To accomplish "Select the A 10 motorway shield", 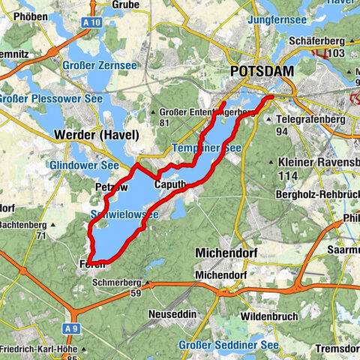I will pos(92,22).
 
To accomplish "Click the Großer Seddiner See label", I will pos(228,344).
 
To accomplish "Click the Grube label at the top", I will pos(124,4).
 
